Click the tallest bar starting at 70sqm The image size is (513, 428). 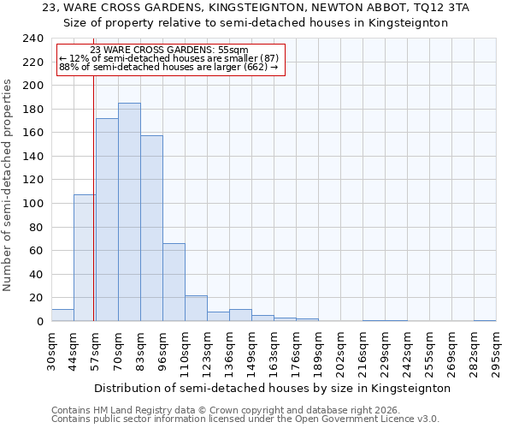129,212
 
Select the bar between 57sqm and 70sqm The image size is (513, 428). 107,220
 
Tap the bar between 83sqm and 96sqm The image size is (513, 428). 151,229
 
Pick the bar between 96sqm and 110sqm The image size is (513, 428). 174,282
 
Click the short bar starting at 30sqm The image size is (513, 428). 62,315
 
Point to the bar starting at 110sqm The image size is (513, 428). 196,308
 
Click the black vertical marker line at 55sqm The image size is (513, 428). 93,197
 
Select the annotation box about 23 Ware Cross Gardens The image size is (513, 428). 169,59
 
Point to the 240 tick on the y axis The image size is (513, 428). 33,39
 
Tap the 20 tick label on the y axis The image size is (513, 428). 37,298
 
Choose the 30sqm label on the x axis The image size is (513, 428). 52,351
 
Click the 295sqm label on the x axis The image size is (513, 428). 497,351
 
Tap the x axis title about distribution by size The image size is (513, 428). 272,388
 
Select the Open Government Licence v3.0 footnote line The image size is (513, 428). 245,419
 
